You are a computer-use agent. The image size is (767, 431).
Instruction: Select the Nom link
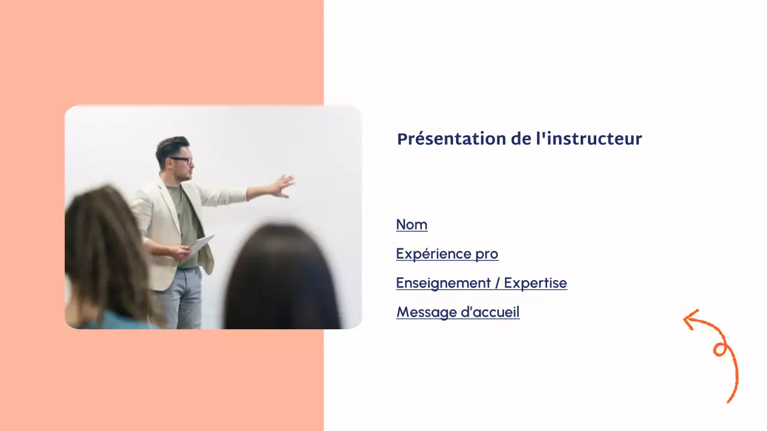pos(412,225)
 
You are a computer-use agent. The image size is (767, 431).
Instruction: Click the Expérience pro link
pos(447,254)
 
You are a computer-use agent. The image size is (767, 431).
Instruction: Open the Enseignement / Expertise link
pos(481,283)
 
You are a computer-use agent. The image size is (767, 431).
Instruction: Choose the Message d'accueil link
pos(458,312)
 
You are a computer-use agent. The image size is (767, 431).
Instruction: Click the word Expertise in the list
pos(535,283)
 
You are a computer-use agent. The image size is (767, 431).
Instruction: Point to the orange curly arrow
pos(719,353)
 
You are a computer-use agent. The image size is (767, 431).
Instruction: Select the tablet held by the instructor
pos(201,243)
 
